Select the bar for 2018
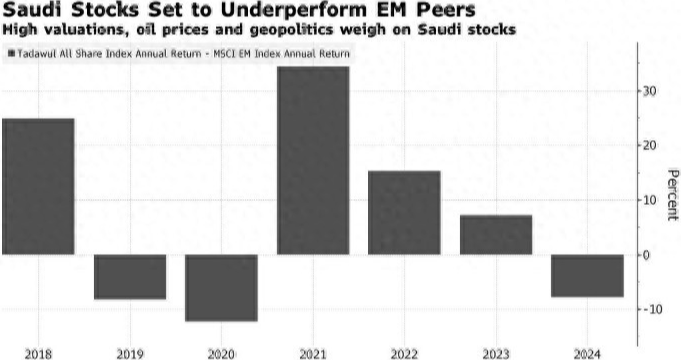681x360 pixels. (38, 186)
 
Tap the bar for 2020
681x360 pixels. (221, 287)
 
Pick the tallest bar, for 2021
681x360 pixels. (312, 160)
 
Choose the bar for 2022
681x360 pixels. (404, 212)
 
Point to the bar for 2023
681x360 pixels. (495, 234)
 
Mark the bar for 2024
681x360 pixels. (586, 275)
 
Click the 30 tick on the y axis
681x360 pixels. (651, 91)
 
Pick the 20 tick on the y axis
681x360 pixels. (651, 146)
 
